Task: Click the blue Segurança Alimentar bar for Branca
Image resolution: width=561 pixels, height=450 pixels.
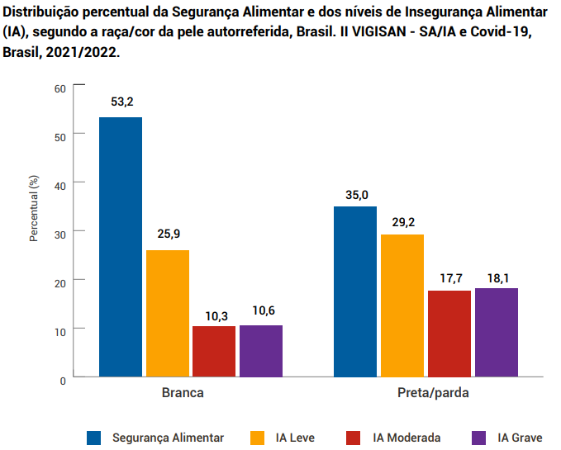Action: tap(121, 247)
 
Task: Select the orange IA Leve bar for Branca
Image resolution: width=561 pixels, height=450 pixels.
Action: tap(168, 313)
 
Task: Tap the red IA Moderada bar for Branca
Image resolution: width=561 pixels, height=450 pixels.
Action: tap(214, 351)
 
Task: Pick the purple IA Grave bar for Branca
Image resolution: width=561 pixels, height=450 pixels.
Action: tap(261, 351)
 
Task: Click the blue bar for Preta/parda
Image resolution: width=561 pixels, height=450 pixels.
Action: tap(355, 291)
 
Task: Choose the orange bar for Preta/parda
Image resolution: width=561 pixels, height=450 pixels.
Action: tap(402, 306)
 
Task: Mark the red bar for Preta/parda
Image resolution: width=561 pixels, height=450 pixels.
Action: tap(449, 334)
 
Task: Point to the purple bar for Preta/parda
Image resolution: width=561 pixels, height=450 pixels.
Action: tap(497, 332)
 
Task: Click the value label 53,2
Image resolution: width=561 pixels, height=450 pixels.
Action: tap(121, 102)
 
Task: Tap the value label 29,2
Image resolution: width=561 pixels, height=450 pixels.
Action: tap(402, 221)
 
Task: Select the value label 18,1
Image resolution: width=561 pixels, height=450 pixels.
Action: tap(497, 275)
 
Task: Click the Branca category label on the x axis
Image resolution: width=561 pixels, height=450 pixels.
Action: tap(183, 394)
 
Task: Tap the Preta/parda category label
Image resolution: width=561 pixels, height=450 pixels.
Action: tap(427, 394)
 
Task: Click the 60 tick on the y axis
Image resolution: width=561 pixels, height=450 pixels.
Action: tap(59, 88)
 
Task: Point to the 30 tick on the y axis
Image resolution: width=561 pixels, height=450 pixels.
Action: tap(59, 232)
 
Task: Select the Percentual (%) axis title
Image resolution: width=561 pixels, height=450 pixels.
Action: tap(35, 209)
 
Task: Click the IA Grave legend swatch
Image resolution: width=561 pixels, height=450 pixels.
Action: tap(477, 438)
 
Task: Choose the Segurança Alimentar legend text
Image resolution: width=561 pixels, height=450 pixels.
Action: tap(168, 438)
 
